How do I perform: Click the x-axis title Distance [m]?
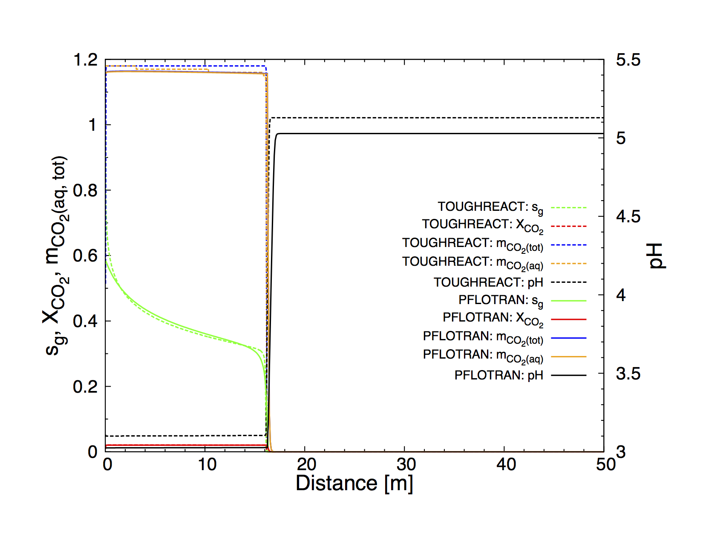click(354, 483)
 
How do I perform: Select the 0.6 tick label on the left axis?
click(86, 256)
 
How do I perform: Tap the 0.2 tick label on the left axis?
click(86, 387)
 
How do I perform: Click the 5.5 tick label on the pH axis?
click(628, 60)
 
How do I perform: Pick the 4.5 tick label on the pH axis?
click(628, 217)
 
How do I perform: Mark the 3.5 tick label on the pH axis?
click(628, 374)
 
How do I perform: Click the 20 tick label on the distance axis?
click(306, 465)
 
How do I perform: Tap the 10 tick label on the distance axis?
click(207, 465)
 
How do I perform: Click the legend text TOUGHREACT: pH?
click(488, 282)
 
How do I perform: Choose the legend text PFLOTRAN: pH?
click(498, 375)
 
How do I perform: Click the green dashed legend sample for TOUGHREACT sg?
click(568, 208)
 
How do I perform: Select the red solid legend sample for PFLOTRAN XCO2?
click(568, 319)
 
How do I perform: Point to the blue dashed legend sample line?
click(568, 245)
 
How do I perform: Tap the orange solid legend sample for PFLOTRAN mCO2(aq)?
click(568, 356)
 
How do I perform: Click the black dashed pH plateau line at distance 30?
click(404, 118)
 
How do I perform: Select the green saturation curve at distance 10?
click(205, 334)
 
